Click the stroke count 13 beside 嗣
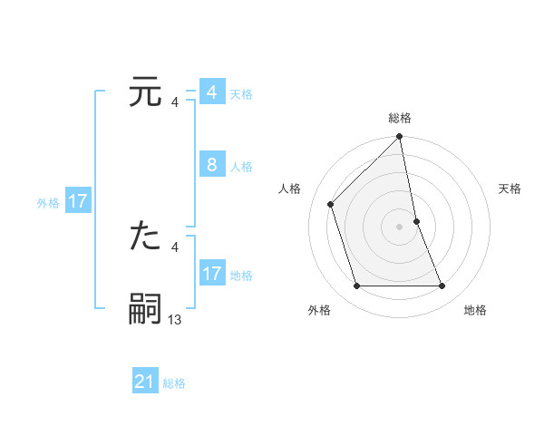click(175, 319)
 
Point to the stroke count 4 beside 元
click(174, 102)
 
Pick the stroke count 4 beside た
click(174, 247)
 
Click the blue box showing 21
click(145, 382)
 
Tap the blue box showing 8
click(211, 165)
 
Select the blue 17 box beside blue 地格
click(211, 274)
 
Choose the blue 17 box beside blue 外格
click(78, 201)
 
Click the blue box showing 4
click(211, 92)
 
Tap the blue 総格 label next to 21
click(174, 383)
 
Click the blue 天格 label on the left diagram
click(241, 93)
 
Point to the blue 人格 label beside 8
click(241, 166)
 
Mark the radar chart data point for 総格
click(399, 138)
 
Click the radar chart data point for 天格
click(416, 220)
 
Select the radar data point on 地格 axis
click(442, 286)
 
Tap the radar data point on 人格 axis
click(331, 204)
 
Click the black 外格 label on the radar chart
click(319, 310)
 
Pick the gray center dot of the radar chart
click(399, 226)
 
